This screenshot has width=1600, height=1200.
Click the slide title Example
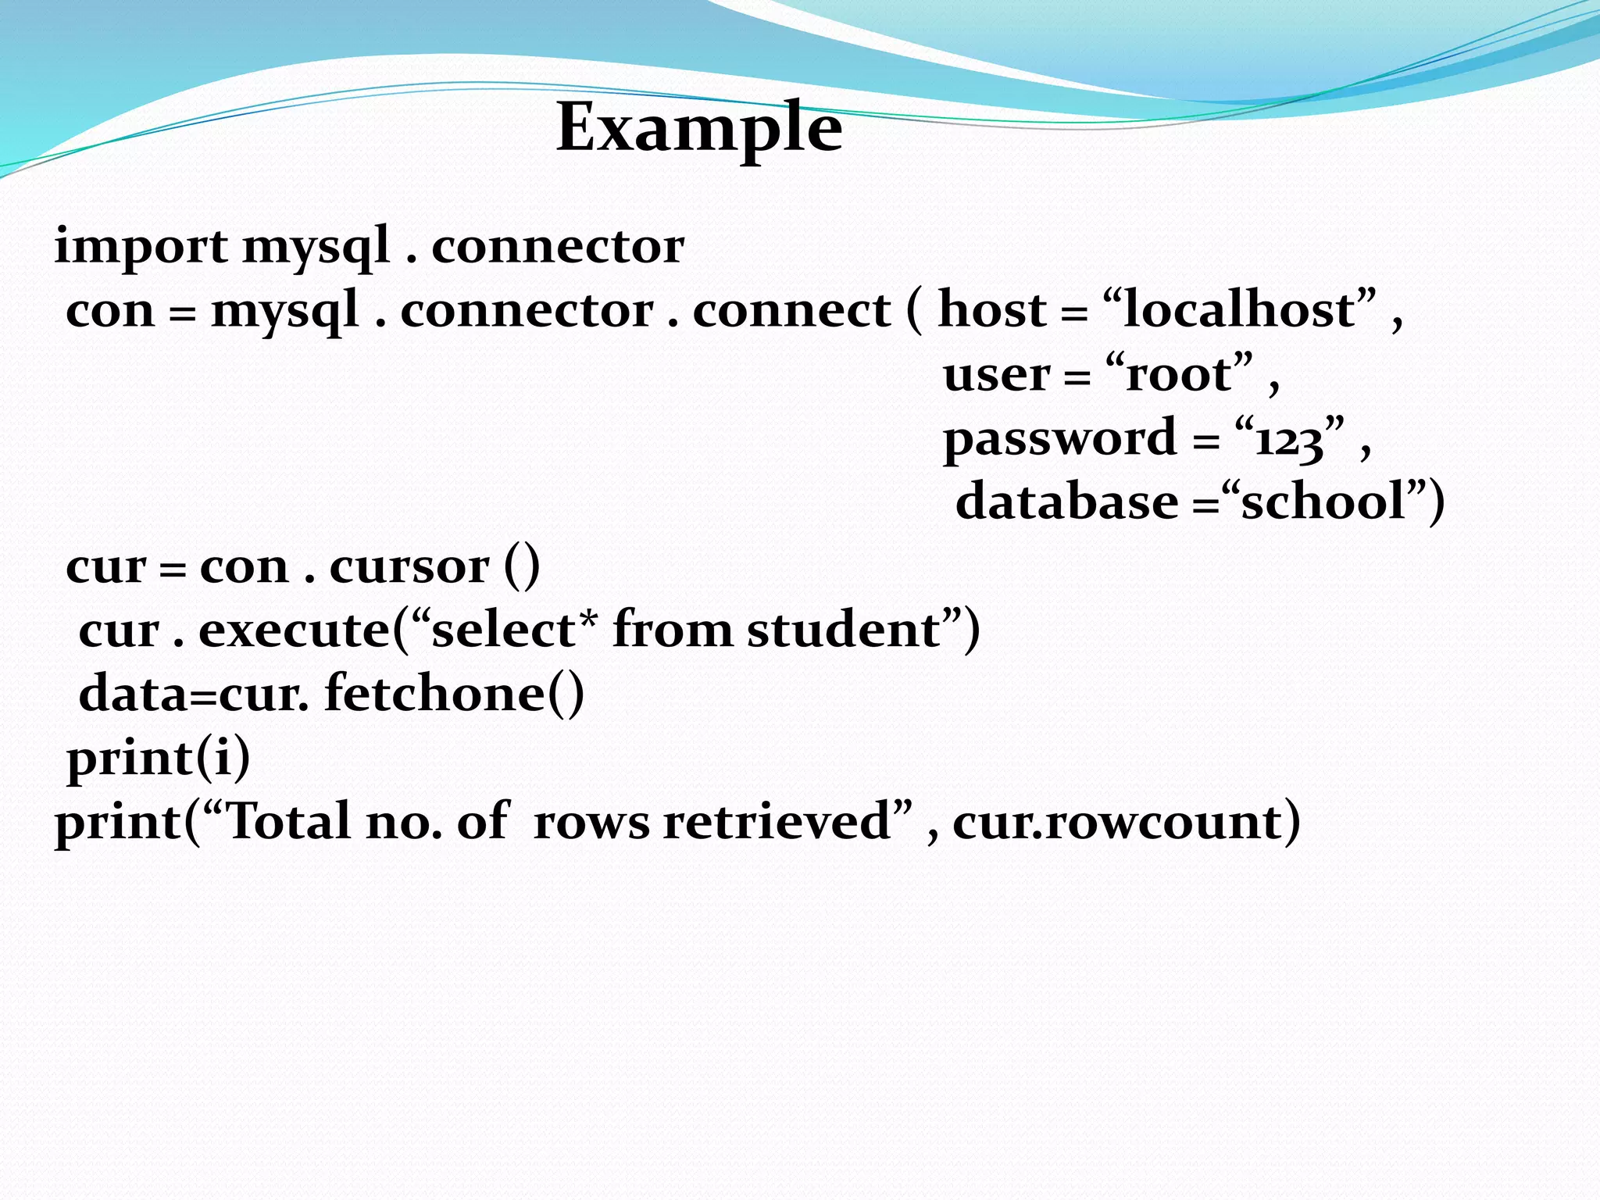tap(699, 127)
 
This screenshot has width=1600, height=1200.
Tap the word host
tap(991, 309)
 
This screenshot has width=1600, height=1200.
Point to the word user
tap(996, 374)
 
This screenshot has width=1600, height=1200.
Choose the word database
tap(1066, 502)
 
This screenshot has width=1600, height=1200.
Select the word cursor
tap(409, 566)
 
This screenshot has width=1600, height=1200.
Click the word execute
tap(294, 630)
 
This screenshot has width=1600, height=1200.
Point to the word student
tap(844, 630)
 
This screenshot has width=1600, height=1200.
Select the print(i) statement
tap(159, 758)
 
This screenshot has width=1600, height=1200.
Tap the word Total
tap(288, 822)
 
